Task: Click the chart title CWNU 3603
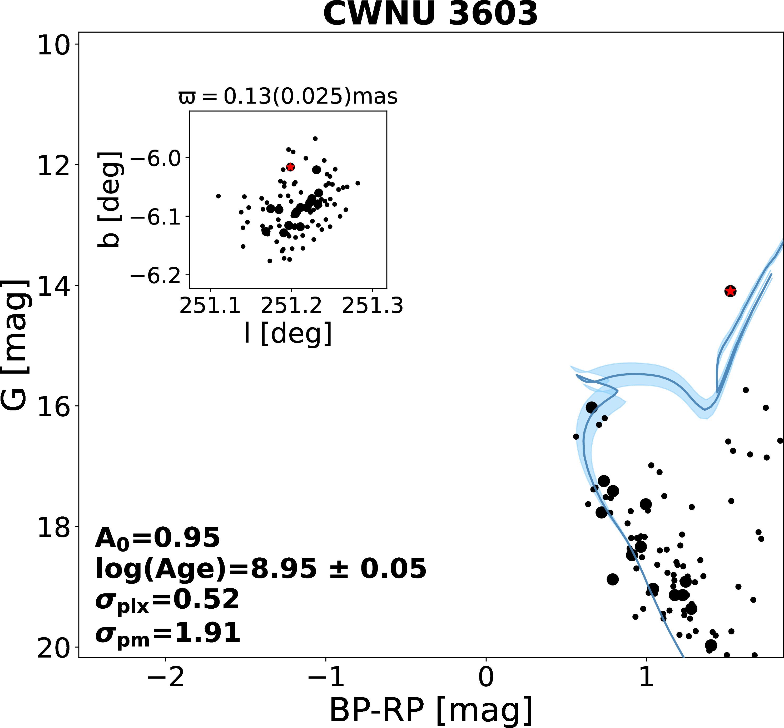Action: pos(430,14)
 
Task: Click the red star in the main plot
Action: pos(730,291)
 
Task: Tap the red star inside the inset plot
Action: pos(290,167)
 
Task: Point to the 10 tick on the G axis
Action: pos(53,45)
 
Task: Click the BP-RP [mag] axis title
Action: pos(431,710)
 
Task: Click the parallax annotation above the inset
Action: pos(288,96)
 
